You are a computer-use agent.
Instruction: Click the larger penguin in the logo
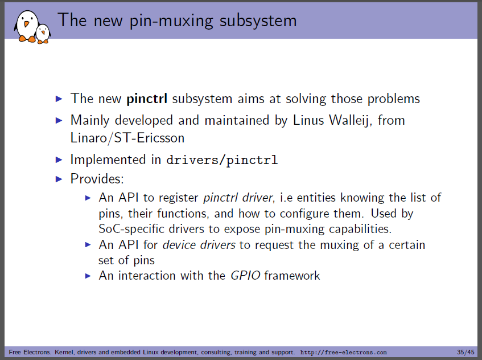click(27, 26)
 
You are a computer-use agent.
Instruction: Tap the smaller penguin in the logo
click(43, 34)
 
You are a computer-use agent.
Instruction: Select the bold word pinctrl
click(147, 99)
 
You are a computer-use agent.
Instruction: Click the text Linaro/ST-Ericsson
click(127, 138)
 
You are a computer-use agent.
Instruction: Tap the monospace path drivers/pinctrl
click(222, 160)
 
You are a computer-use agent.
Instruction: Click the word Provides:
click(97, 179)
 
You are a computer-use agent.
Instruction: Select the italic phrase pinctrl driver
click(238, 198)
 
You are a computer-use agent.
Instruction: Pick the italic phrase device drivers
click(199, 245)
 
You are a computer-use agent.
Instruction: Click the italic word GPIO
click(245, 275)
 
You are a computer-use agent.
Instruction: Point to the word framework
click(292, 275)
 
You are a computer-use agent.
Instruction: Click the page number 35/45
click(465, 352)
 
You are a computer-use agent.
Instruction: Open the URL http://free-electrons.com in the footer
click(343, 352)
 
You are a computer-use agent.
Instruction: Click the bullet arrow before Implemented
click(59, 159)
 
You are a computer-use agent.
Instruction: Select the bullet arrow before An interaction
click(88, 276)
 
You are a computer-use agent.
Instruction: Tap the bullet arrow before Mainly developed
click(59, 120)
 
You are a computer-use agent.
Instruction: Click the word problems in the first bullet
click(393, 99)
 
